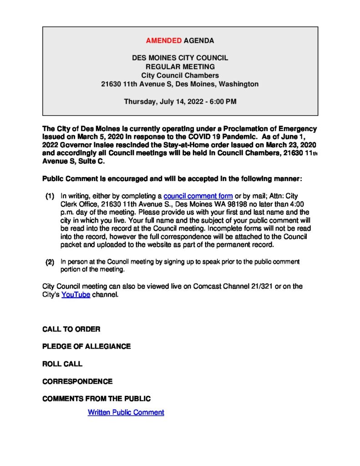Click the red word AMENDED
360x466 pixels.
(x=163, y=41)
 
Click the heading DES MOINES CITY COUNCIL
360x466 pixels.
(x=180, y=58)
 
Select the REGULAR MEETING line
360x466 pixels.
(x=180, y=67)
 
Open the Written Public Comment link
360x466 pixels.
(x=126, y=412)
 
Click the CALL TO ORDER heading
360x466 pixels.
(x=71, y=329)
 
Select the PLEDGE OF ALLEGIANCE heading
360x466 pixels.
(x=86, y=346)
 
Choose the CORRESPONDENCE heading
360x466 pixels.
(x=77, y=381)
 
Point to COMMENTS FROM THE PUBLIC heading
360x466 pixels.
(x=96, y=399)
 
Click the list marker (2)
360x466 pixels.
(x=50, y=262)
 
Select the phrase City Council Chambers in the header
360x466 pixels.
(x=180, y=76)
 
